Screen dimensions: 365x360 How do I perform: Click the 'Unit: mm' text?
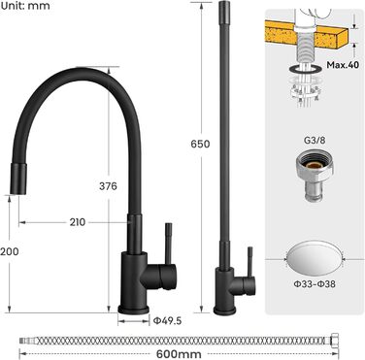coord(25,5)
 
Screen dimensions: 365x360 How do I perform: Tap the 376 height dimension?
coord(108,186)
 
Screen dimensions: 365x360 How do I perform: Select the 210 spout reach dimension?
coord(78,222)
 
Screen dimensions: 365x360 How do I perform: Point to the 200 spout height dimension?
coord(10,251)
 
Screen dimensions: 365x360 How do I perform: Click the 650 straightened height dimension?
coord(200,144)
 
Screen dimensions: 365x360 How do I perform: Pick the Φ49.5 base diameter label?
coord(167,321)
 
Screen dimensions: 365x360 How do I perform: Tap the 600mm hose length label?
coord(179,354)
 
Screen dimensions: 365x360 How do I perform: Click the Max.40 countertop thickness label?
coord(343,65)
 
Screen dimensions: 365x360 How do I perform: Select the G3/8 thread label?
coord(315,140)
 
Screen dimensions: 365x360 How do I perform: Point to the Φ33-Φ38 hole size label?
coord(315,284)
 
